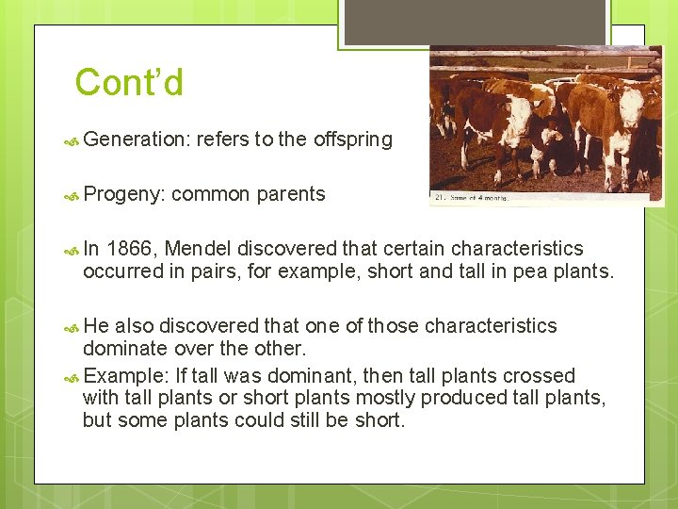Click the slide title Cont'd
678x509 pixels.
point(129,83)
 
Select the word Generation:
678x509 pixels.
point(137,140)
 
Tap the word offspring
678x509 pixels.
point(352,140)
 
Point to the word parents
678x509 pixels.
point(289,194)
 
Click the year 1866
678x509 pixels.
point(133,249)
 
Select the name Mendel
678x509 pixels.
point(198,249)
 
